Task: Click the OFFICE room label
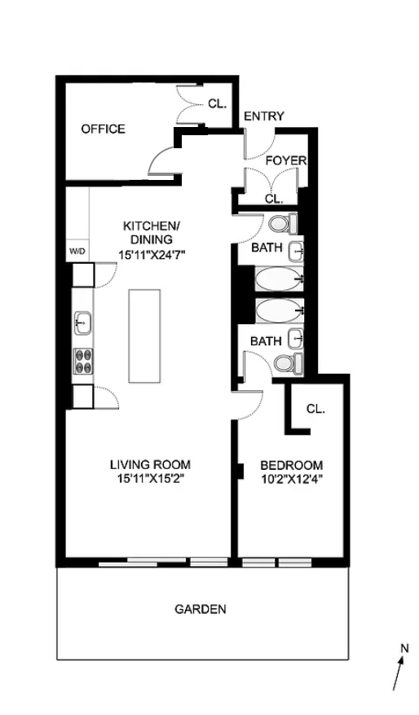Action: pyautogui.click(x=103, y=129)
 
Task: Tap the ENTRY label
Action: pyautogui.click(x=264, y=116)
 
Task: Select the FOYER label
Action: pyautogui.click(x=285, y=160)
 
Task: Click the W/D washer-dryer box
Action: pyautogui.click(x=77, y=251)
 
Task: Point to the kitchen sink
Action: pyautogui.click(x=83, y=322)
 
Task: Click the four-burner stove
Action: pyautogui.click(x=83, y=360)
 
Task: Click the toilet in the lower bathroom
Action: pyautogui.click(x=287, y=362)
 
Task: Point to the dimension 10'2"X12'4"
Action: pyautogui.click(x=291, y=480)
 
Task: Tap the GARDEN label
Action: pyautogui.click(x=200, y=609)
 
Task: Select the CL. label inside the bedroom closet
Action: pyautogui.click(x=315, y=409)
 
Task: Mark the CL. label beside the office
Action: pyautogui.click(x=217, y=103)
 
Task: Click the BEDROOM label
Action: pyautogui.click(x=291, y=465)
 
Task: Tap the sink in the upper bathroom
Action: pyautogui.click(x=298, y=251)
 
